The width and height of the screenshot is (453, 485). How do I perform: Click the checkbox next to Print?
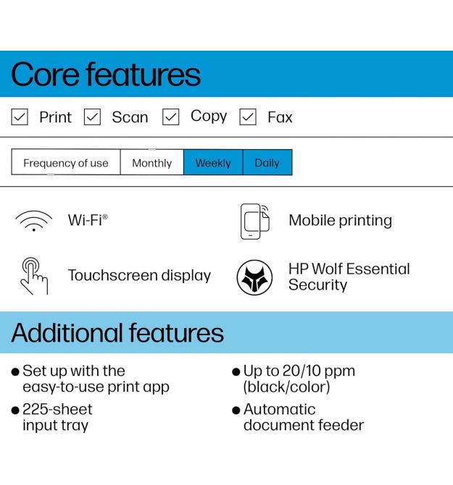tap(20, 117)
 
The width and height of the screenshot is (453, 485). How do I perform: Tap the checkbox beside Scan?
tap(92, 117)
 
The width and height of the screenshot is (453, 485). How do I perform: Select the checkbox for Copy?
tap(170, 117)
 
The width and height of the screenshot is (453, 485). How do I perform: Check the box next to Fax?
tap(248, 117)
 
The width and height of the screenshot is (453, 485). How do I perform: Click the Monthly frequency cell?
tap(152, 162)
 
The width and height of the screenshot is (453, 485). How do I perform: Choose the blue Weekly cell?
tap(213, 162)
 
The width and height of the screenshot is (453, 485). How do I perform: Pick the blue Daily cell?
tap(267, 162)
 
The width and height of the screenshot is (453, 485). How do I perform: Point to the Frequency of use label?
tap(66, 163)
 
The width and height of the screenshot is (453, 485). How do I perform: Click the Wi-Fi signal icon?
tap(34, 221)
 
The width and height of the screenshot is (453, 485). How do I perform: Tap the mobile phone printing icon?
tap(255, 222)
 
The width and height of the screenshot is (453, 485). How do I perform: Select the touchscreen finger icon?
tap(34, 276)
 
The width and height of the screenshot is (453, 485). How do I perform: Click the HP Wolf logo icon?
tap(254, 277)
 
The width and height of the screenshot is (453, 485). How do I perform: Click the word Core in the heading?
tap(45, 75)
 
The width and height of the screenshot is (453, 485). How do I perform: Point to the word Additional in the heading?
tap(67, 333)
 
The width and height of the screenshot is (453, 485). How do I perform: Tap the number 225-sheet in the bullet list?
tap(57, 409)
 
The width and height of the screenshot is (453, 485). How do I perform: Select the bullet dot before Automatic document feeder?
tap(236, 410)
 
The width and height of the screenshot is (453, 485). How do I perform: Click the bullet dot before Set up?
tap(15, 371)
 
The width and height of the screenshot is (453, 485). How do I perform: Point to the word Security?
tap(317, 285)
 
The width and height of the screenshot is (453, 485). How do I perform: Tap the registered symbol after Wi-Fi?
tap(105, 216)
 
